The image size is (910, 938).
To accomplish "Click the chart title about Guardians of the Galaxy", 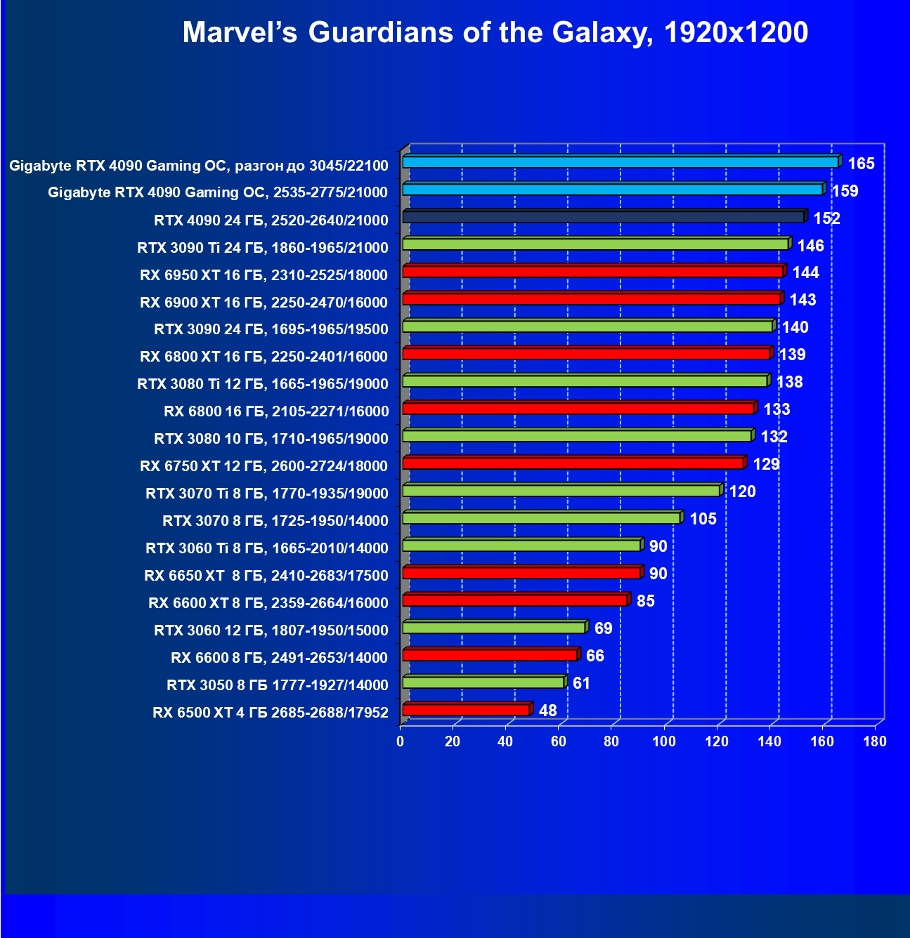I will click(x=495, y=32).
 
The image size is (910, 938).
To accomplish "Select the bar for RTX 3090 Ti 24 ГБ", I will click(x=596, y=244).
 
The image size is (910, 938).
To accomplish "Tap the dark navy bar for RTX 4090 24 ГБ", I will click(x=604, y=217).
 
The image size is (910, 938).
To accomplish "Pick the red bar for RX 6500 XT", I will click(x=466, y=710).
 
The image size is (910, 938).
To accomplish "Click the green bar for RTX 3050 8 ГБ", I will click(x=483, y=682).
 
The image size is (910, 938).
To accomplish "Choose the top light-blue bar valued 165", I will click(x=620, y=162).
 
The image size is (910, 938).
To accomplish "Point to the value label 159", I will click(x=845, y=191).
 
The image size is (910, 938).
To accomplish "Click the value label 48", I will click(x=547, y=711).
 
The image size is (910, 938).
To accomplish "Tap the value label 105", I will click(x=703, y=519).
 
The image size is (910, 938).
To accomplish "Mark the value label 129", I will click(x=766, y=464).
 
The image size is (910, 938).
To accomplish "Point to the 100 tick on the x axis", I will click(x=664, y=741).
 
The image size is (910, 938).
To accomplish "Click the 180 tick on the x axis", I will click(x=875, y=741).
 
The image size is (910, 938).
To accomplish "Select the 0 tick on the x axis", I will click(x=401, y=741).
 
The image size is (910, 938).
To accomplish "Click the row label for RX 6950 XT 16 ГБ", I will click(x=264, y=275).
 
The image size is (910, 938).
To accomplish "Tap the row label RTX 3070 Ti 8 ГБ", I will click(x=266, y=494).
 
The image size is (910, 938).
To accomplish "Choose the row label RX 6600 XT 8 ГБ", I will click(x=268, y=603).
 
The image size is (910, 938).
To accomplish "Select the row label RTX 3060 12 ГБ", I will click(x=271, y=630).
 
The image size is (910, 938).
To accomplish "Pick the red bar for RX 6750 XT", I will click(x=573, y=463).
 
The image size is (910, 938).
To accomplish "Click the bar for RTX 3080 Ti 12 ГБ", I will click(x=585, y=381).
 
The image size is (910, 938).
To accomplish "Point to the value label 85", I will click(x=645, y=601).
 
